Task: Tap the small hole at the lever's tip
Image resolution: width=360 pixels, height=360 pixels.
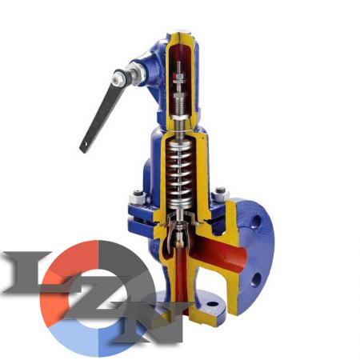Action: (x=86, y=144)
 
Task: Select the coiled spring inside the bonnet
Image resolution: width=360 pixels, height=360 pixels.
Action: (x=179, y=174)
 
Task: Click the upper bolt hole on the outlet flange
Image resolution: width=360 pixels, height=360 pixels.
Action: (x=256, y=221)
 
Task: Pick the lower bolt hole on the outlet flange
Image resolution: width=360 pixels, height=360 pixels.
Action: (x=256, y=280)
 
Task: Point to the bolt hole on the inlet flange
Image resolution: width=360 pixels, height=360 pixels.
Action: (x=213, y=304)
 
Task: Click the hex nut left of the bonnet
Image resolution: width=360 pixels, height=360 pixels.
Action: (x=137, y=198)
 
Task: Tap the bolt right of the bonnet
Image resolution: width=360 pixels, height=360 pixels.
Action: (x=221, y=194)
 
